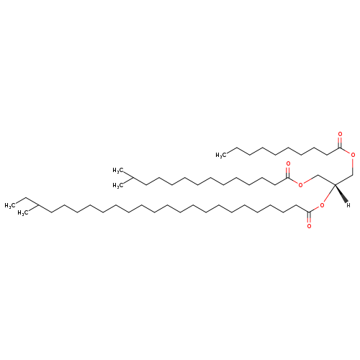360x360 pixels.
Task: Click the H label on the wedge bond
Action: tap(348, 205)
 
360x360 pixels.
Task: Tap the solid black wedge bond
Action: tap(341, 193)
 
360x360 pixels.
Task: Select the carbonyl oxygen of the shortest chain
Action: tap(340, 134)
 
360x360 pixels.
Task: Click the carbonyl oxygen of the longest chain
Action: tap(309, 226)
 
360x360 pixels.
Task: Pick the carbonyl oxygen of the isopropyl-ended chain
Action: tap(288, 164)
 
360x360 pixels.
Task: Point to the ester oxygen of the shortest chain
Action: tap(353, 155)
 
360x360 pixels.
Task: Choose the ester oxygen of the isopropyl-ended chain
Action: tap(300, 185)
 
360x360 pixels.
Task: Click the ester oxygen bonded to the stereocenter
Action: tap(322, 205)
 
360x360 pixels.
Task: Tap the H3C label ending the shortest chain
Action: tap(221, 156)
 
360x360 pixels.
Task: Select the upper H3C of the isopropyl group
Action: tap(118, 171)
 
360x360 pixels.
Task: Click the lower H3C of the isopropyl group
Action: tap(118, 185)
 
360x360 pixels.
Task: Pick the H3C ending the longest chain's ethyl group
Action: tap(10, 205)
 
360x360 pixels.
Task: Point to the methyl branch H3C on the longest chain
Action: tap(23, 213)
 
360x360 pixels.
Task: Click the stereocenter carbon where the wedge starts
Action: tap(335, 184)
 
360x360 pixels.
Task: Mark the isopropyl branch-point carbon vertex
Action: tap(132, 178)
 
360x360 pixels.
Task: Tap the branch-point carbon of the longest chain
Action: tap(38, 205)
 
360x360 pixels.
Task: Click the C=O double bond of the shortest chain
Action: tap(340, 142)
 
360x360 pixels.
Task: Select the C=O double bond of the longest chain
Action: tap(309, 217)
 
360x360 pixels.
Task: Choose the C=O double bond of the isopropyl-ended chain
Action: tap(288, 172)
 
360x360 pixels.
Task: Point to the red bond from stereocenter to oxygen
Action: tap(329, 194)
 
